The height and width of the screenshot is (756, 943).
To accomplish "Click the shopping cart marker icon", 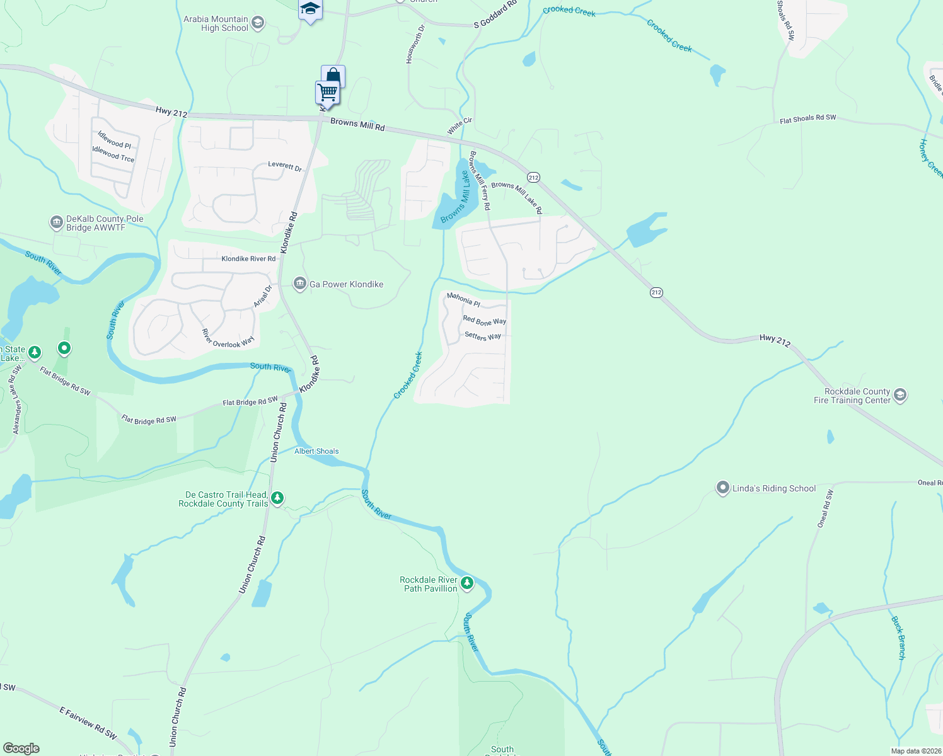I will [x=328, y=93].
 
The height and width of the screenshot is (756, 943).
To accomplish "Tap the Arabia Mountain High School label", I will [x=216, y=24].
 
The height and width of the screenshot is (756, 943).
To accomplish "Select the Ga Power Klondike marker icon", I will [x=300, y=284].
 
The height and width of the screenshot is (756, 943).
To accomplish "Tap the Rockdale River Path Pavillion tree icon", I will [x=467, y=583].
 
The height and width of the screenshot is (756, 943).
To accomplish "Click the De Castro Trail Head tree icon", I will [x=277, y=499].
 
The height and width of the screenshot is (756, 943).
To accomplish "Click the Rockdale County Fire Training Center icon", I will [x=900, y=396].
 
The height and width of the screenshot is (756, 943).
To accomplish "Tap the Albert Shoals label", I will [x=316, y=451].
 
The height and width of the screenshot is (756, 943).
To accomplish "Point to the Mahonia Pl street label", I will [x=463, y=299].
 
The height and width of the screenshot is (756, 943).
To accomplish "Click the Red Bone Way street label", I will [x=484, y=321].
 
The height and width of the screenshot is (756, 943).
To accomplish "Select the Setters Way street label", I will [x=483, y=336].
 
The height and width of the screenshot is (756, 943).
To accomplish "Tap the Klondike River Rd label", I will [x=248, y=259].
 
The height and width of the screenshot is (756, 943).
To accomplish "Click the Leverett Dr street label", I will [x=285, y=166].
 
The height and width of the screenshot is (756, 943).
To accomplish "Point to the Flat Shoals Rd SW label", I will [x=807, y=118].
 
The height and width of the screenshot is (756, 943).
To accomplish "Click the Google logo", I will [x=21, y=748].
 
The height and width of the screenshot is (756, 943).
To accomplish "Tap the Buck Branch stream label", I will [x=898, y=638].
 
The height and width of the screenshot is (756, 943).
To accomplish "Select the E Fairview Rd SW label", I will [x=88, y=723].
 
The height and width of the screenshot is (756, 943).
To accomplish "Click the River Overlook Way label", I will [x=228, y=339].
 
